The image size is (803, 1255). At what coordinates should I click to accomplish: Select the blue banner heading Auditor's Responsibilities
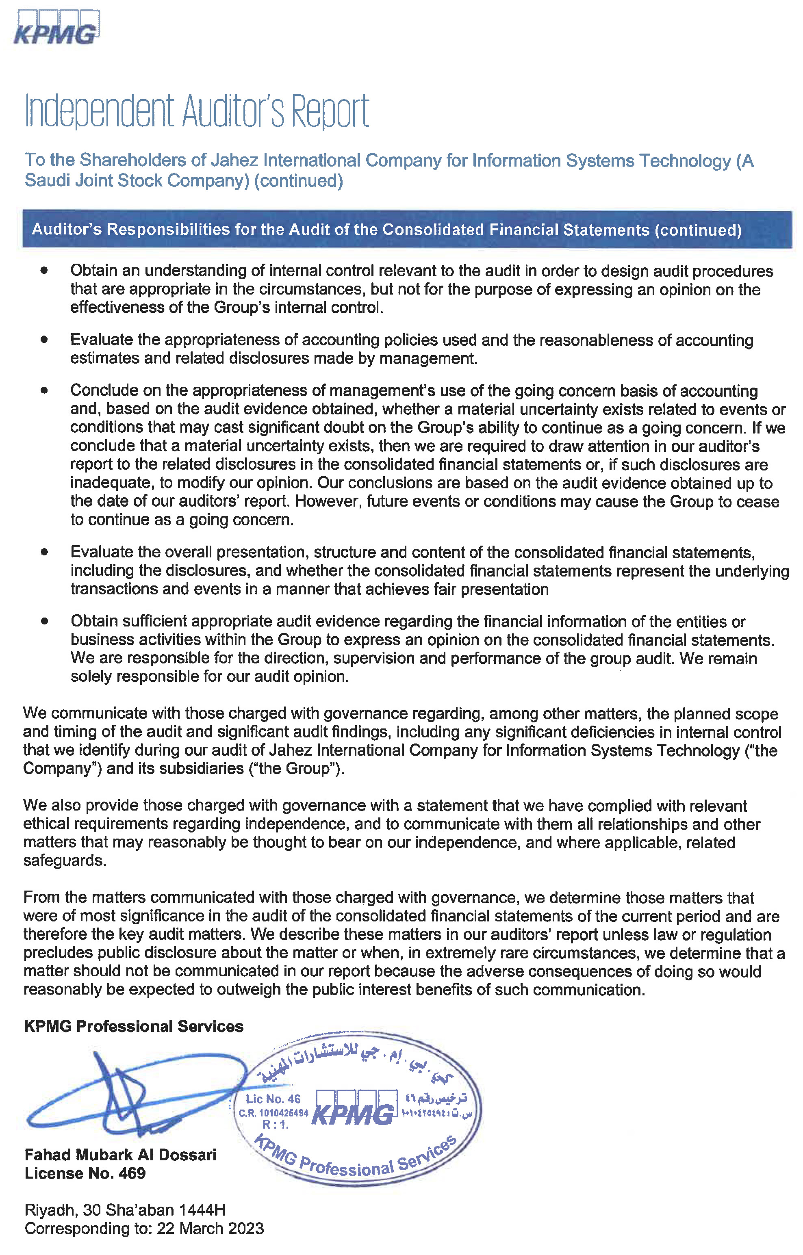click(x=386, y=230)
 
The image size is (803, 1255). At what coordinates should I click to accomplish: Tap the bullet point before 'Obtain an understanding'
click(x=44, y=271)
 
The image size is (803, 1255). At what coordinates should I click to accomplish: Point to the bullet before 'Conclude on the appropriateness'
click(x=44, y=390)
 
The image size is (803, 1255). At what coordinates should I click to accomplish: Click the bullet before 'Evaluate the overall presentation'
click(x=44, y=552)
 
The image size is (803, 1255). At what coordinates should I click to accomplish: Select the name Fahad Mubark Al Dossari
click(x=120, y=1155)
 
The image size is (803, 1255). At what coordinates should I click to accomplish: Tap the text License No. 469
click(x=85, y=1173)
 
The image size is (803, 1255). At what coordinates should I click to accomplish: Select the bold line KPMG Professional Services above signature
click(x=133, y=1026)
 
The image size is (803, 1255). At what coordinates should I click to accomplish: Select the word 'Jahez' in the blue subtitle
click(x=234, y=160)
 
